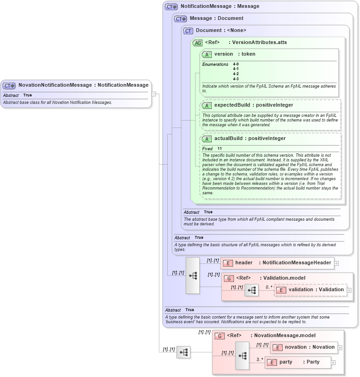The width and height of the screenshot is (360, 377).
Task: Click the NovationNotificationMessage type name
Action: tap(55, 85)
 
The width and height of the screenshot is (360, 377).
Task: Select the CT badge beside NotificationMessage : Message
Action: tap(171, 7)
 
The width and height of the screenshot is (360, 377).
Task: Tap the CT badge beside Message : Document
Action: tap(180, 19)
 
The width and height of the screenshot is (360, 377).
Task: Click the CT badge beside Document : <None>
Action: tap(188, 31)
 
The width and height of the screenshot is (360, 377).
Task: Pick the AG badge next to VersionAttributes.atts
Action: tap(197, 43)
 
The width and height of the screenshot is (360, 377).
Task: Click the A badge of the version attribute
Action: tap(207, 55)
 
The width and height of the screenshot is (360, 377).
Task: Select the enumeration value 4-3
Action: tap(236, 79)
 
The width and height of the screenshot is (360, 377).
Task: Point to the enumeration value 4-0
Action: tap(236, 64)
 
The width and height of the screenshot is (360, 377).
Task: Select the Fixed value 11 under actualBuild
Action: tap(220, 149)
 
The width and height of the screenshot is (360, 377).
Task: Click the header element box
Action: tap(277, 263)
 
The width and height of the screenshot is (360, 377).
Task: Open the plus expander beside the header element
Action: tap(336, 263)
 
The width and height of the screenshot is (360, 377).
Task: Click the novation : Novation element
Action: tap(303, 347)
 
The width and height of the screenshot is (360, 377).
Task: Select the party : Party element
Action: tap(298, 362)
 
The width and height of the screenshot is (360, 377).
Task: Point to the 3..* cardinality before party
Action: tap(260, 359)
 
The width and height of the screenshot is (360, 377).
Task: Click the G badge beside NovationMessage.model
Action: tap(221, 336)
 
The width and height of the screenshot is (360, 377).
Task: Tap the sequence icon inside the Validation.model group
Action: tap(252, 290)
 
